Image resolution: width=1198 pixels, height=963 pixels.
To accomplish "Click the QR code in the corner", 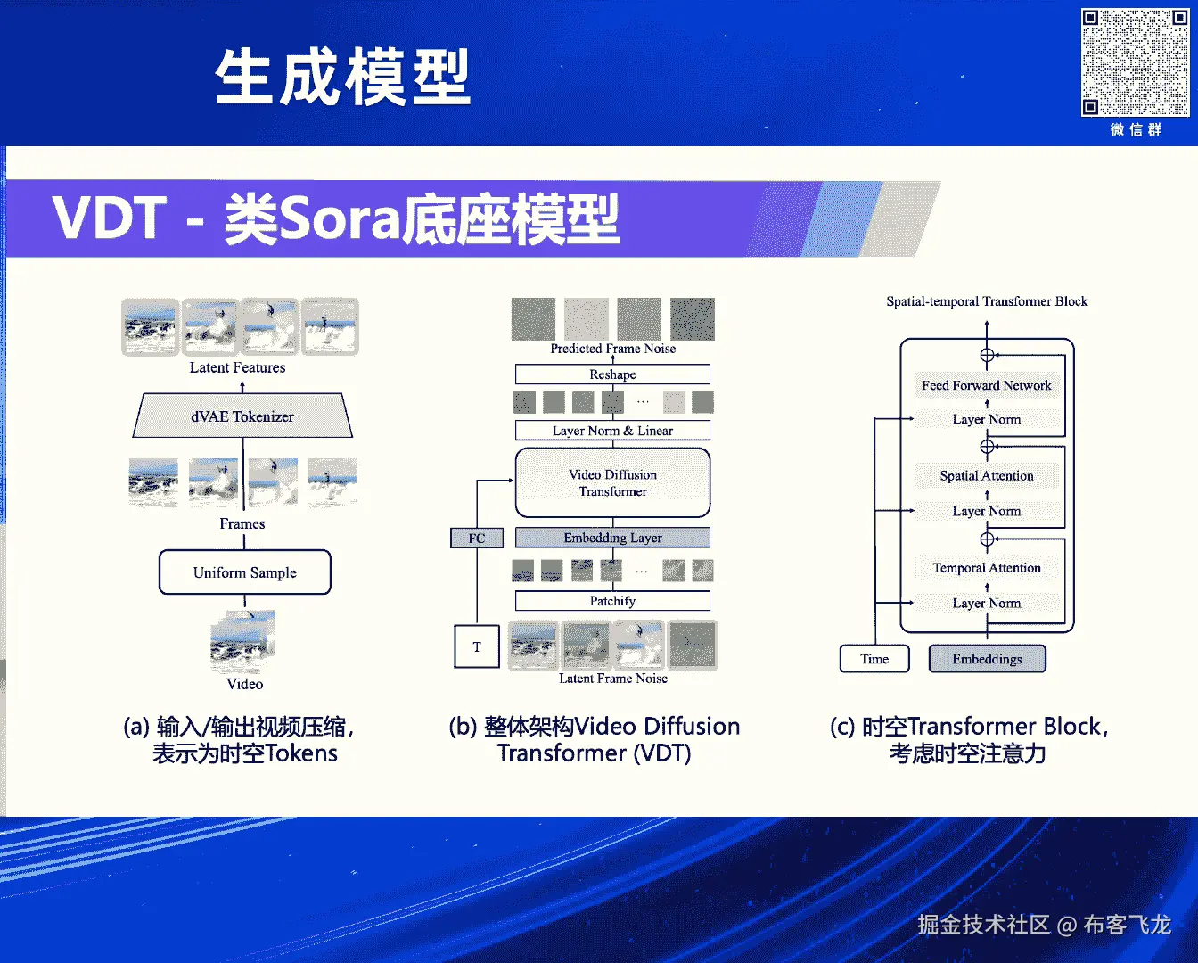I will click(x=1135, y=62).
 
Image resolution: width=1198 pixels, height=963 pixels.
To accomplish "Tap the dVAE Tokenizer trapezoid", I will click(x=242, y=416).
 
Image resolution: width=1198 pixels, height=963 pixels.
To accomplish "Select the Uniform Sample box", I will click(x=245, y=572).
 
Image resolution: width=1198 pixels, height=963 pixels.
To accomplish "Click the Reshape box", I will click(x=612, y=374).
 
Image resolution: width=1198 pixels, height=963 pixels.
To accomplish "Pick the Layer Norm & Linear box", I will click(x=612, y=431).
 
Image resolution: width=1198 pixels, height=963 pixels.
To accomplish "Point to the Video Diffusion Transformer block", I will click(x=612, y=483).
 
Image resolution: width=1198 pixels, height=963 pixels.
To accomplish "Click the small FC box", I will click(x=477, y=538).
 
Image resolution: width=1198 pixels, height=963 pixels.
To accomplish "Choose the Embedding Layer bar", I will click(x=612, y=538).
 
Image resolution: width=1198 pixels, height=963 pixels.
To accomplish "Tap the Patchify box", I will click(x=612, y=601).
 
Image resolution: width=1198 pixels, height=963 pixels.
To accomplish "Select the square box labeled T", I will click(x=477, y=646).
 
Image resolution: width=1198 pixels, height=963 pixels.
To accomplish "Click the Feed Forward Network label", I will click(x=987, y=385).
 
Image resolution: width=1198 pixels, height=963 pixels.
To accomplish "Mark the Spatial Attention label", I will click(x=987, y=476).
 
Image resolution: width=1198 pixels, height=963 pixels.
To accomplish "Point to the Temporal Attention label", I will click(x=987, y=568).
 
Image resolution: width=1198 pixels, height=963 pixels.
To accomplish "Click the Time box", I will click(x=874, y=659).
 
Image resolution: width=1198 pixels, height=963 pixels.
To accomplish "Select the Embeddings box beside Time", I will click(x=987, y=659).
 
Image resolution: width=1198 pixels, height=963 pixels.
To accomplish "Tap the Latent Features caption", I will click(x=237, y=367).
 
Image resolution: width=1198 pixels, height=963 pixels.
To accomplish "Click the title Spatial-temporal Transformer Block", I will click(x=987, y=301).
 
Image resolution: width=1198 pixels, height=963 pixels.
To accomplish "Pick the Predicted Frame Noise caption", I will click(x=612, y=349).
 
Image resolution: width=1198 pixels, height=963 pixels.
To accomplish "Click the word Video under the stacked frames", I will click(x=244, y=684).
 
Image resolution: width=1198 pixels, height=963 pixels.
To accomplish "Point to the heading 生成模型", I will click(x=342, y=78).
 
